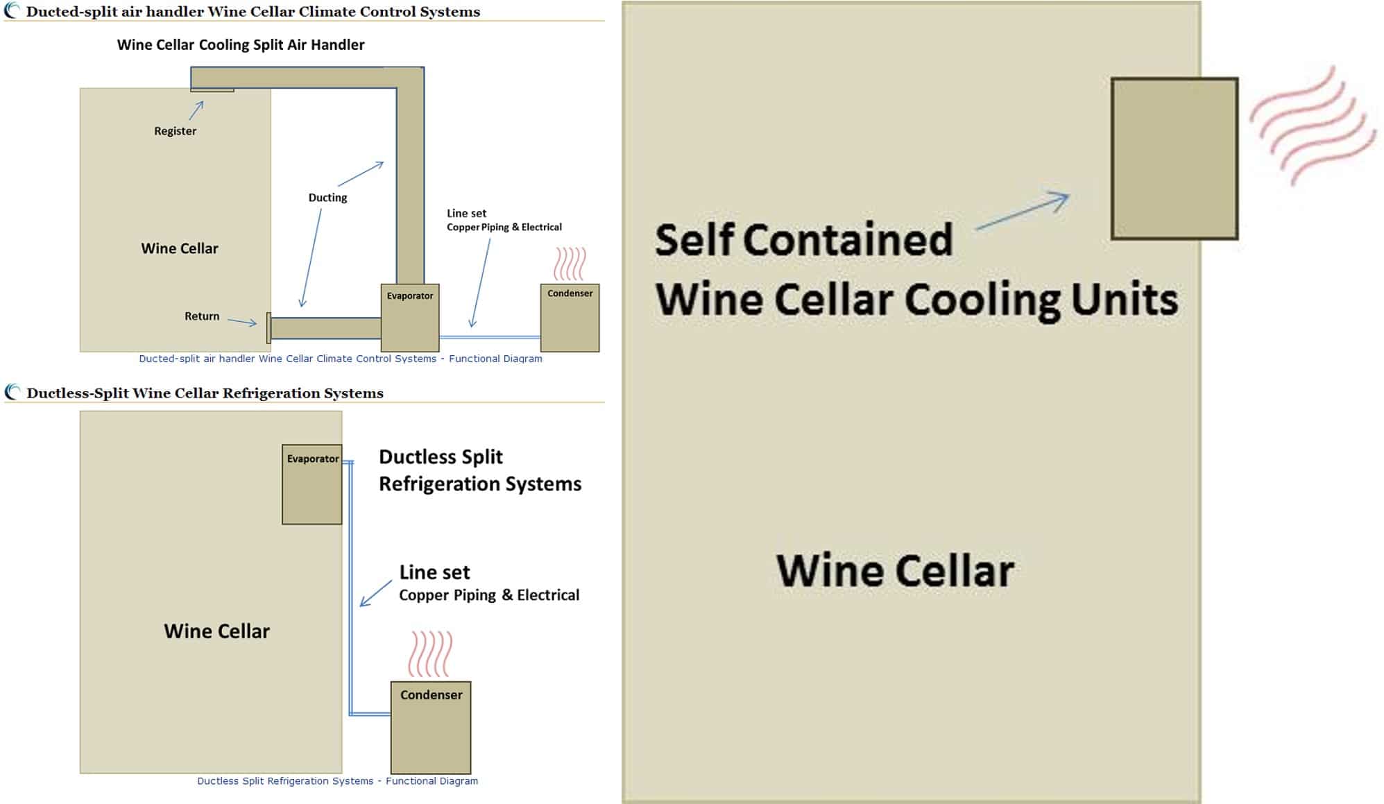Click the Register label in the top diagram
coord(175,131)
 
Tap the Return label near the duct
coord(202,316)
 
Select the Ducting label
coord(327,198)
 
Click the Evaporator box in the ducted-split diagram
coord(410,318)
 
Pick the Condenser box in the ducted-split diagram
coord(570,318)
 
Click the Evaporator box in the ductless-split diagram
coord(312,484)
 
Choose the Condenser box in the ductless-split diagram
coord(431,728)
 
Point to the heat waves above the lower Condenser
coord(430,653)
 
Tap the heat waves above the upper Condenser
coord(570,264)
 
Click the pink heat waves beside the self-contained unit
coord(1313,126)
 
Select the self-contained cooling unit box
coord(1174,159)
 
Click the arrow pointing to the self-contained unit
coord(1022,211)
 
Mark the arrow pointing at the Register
coord(196,110)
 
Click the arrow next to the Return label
coord(242,322)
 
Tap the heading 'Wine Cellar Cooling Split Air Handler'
coord(241,45)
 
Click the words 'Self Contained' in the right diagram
coord(803,240)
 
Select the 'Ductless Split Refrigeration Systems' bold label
coord(480,470)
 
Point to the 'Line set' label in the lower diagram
coord(434,572)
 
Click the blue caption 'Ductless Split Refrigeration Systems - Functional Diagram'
coord(337,781)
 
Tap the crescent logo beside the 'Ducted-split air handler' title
coord(12,10)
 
